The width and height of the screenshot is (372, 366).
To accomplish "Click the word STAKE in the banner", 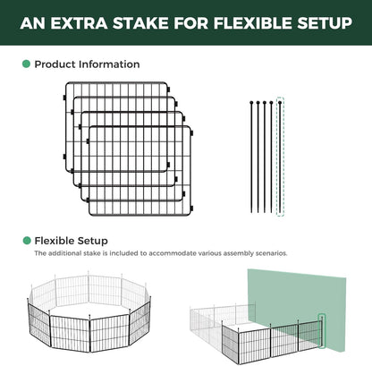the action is pyautogui.click(x=140, y=23).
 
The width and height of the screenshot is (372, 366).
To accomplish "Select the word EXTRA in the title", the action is pyautogui.click(x=79, y=23).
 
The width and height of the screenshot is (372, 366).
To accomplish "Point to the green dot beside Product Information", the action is pyautogui.click(x=26, y=64).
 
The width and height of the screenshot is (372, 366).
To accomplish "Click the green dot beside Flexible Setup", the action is pyautogui.click(x=27, y=241).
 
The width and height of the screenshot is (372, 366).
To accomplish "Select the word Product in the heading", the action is pyautogui.click(x=55, y=64).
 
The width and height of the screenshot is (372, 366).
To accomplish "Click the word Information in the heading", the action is pyautogui.click(x=109, y=64).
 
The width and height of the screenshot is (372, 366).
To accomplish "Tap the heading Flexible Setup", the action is pyautogui.click(x=71, y=241).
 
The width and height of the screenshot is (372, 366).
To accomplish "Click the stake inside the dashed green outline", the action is pyautogui.click(x=280, y=157).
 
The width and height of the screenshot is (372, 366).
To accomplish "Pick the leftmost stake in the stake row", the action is pyautogui.click(x=251, y=157).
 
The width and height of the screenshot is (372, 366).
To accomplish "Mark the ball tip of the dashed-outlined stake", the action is pyautogui.click(x=280, y=103).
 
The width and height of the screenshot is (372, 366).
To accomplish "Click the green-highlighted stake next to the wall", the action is pyautogui.click(x=322, y=331).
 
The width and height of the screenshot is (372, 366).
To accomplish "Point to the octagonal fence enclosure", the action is pyautogui.click(x=89, y=311).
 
